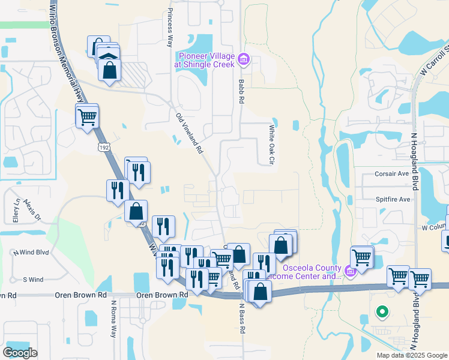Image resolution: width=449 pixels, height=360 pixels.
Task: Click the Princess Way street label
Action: tap(170, 28)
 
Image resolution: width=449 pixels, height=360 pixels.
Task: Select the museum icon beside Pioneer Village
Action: tap(244, 59)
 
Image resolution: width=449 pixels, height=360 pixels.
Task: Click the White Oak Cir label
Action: tap(271, 145)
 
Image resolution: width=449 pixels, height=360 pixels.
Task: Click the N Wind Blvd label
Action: tap(31, 253)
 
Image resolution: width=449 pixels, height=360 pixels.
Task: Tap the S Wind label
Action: tap(33, 279)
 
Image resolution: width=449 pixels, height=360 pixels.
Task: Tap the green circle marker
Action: tap(381, 311)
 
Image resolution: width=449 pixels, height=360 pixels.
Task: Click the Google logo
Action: tap(20, 352)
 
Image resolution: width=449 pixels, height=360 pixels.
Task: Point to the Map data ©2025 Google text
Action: tap(412, 355)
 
